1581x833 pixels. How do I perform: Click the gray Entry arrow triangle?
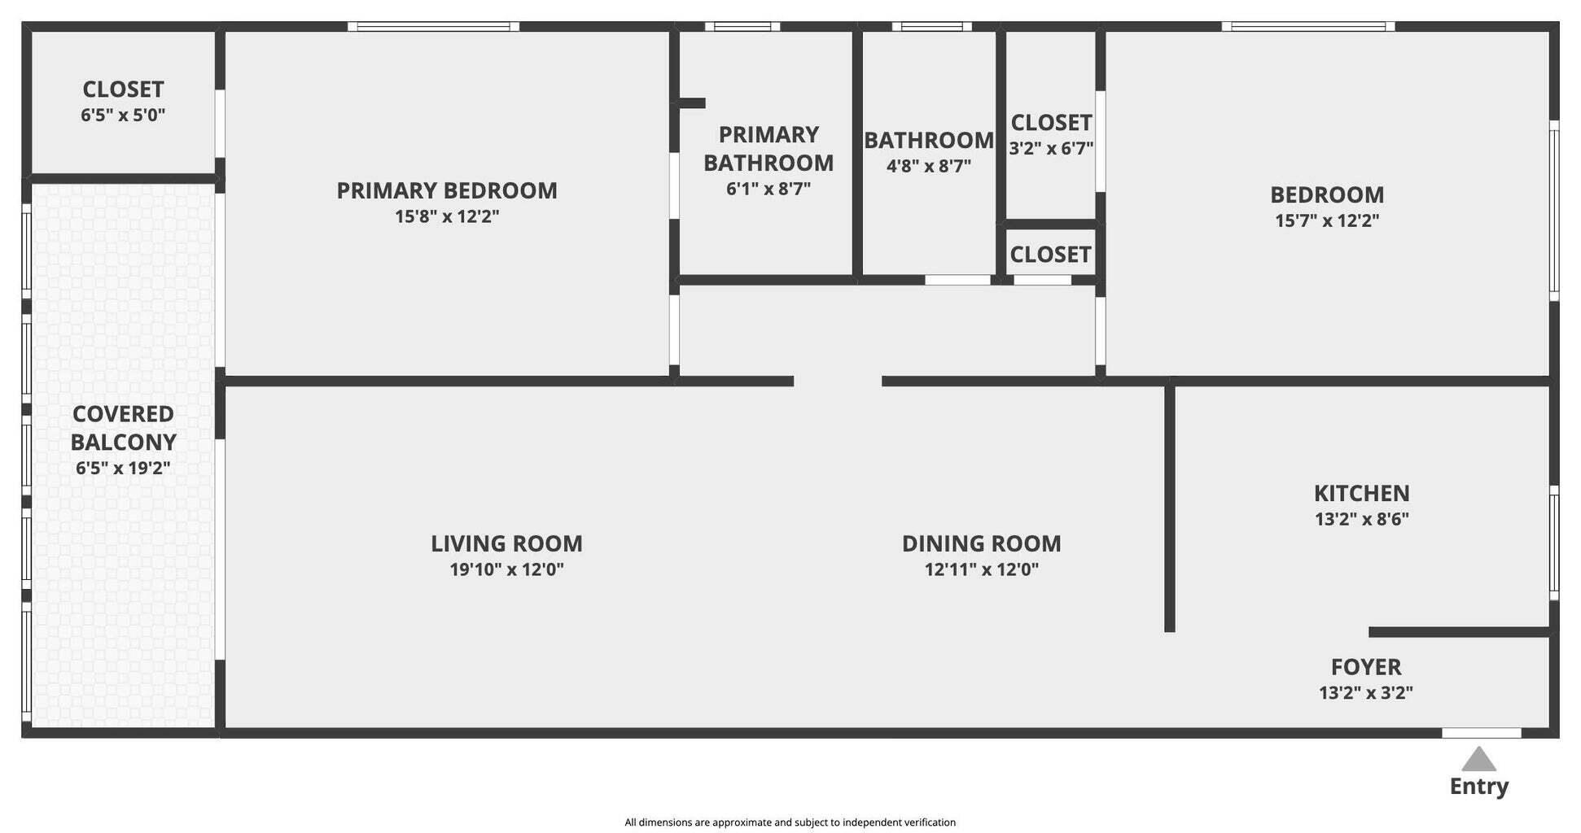pos(1478,760)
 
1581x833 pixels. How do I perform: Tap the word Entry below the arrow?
pos(1478,787)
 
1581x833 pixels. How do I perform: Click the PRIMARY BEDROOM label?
pos(447,190)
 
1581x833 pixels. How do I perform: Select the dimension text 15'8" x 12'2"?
pos(447,216)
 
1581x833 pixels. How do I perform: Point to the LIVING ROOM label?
pos(506,543)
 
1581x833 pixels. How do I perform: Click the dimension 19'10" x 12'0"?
pos(506,569)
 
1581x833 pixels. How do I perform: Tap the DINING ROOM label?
pos(981,543)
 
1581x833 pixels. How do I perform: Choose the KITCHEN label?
pos(1361,493)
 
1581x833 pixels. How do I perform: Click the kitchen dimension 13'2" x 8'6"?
pos(1361,519)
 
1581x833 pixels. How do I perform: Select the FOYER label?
pos(1365,667)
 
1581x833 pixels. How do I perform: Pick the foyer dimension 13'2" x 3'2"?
pos(1365,693)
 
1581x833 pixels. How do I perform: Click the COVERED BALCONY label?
pos(123,428)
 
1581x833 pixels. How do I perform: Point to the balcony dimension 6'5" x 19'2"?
pos(123,469)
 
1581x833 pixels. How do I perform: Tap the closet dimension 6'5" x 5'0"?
pos(123,116)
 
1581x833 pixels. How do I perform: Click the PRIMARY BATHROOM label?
pos(768,149)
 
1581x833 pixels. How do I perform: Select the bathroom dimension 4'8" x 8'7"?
pos(928,167)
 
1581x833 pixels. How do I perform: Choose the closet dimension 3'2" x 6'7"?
pos(1051,149)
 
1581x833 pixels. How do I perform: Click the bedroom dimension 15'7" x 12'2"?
pos(1327,220)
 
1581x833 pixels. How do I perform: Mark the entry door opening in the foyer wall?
pos(1481,733)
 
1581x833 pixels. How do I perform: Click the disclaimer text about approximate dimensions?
pos(790,822)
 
